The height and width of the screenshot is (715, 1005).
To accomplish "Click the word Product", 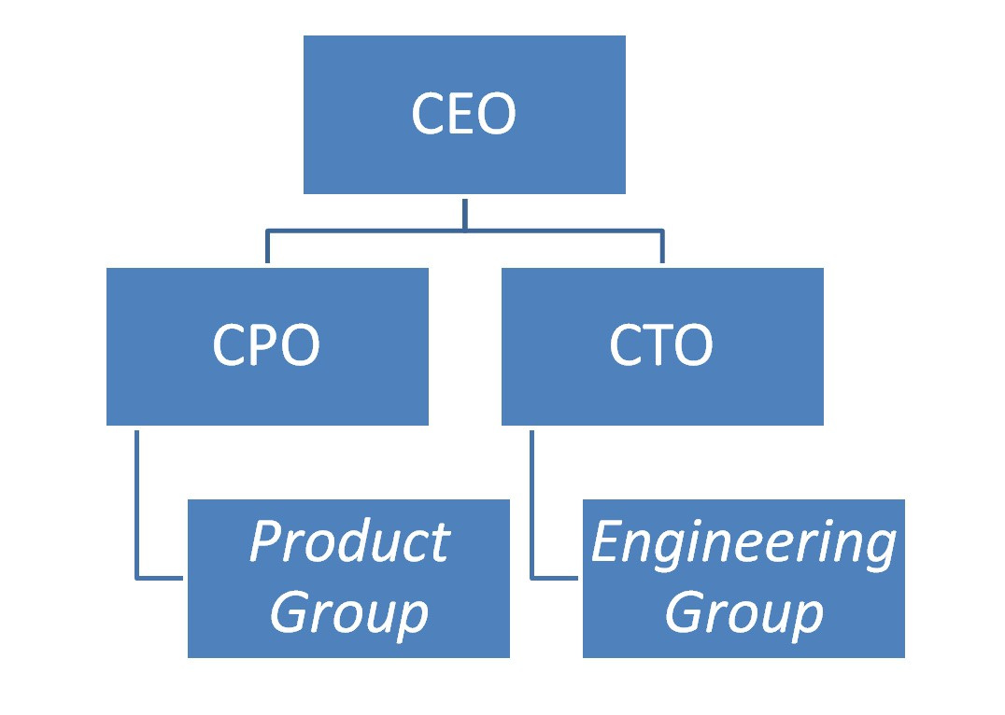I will [x=348, y=542].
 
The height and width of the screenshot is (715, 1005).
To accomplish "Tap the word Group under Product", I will [x=348, y=613].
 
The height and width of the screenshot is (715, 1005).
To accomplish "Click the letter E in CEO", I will [x=464, y=115].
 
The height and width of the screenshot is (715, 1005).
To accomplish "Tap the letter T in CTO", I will [x=660, y=345].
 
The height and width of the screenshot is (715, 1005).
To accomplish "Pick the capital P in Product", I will [x=266, y=542].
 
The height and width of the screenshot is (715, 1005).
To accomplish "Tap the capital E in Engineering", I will [x=608, y=542].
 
